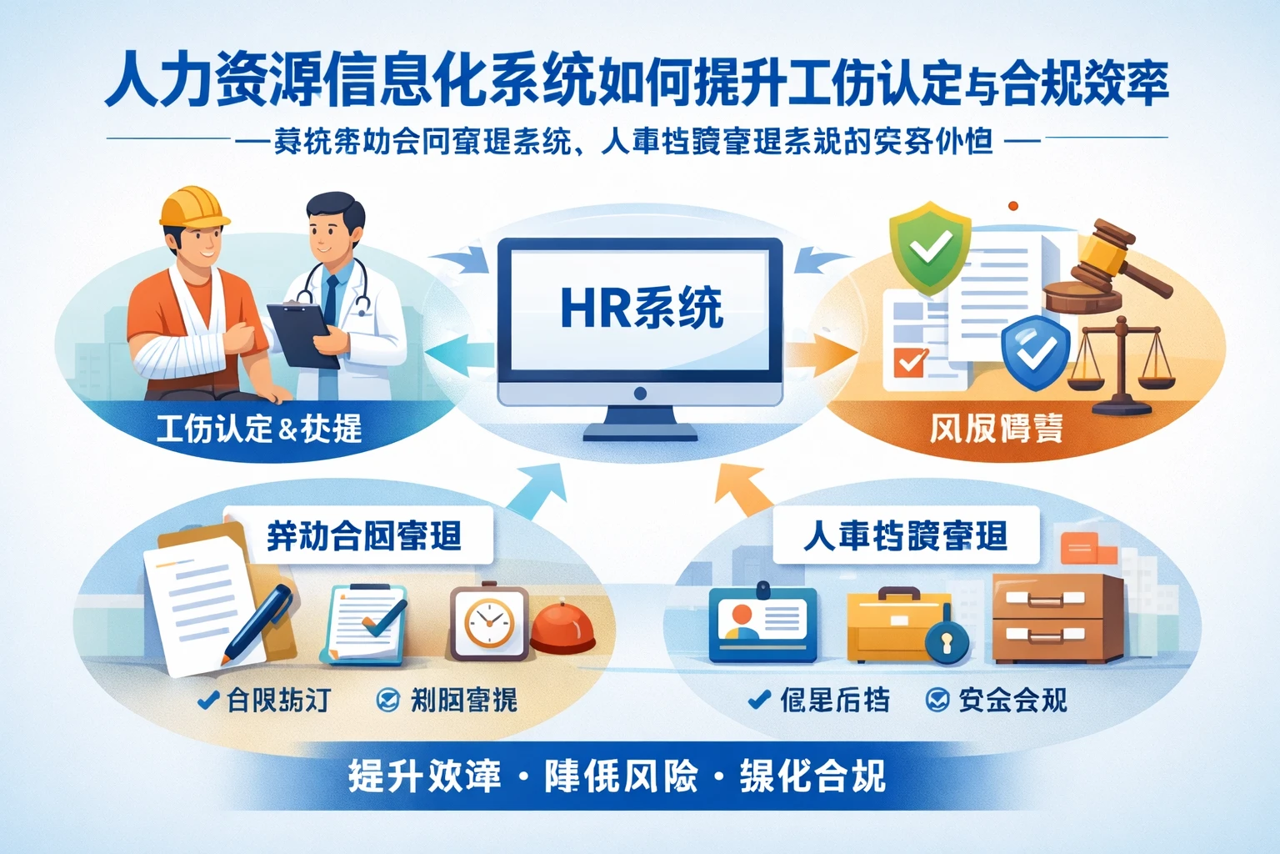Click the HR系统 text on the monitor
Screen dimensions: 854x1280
[x=641, y=308]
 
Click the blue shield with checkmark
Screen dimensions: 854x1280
[x=1034, y=349]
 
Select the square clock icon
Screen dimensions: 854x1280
[x=488, y=624]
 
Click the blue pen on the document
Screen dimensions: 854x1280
[x=259, y=621]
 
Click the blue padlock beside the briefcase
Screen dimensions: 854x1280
[x=948, y=640]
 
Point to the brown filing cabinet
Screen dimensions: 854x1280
[x=1057, y=617]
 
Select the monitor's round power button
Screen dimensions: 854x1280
[x=640, y=393]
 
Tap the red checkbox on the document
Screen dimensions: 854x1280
[x=909, y=361]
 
